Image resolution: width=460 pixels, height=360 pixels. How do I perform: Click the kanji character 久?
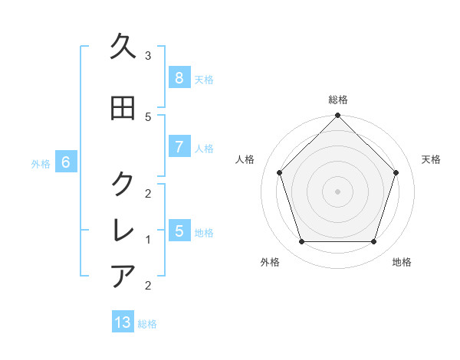(x=123, y=47)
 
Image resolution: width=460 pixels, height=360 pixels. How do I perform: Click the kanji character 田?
(x=123, y=108)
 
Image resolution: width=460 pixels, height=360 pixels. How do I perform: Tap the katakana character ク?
(x=123, y=184)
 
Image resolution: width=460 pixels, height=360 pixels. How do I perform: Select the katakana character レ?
(x=123, y=230)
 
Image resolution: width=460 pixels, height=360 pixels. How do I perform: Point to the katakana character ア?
(x=123, y=276)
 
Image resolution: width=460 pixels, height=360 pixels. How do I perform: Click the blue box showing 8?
(x=179, y=78)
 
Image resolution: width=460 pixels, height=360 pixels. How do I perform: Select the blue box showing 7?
(x=179, y=147)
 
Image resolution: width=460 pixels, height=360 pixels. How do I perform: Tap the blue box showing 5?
(x=179, y=231)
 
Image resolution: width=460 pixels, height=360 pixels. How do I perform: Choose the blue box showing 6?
(x=66, y=162)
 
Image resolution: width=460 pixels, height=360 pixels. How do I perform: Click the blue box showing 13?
(x=123, y=322)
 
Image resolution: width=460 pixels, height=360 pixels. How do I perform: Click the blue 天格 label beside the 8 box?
(x=204, y=80)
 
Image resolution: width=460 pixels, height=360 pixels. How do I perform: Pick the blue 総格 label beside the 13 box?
(x=147, y=324)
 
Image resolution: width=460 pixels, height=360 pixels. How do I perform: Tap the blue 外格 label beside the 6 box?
(x=41, y=163)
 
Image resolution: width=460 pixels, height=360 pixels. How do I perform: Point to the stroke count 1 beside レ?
(x=148, y=240)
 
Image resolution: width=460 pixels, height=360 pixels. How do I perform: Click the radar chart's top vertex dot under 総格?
(x=337, y=116)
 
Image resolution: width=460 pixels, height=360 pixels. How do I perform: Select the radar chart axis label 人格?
(x=245, y=159)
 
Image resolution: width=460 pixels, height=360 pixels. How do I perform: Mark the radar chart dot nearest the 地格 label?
(x=373, y=242)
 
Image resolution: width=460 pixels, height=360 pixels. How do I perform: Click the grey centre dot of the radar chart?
(x=337, y=191)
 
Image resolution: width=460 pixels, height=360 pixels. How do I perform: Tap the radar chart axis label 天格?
(x=431, y=159)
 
